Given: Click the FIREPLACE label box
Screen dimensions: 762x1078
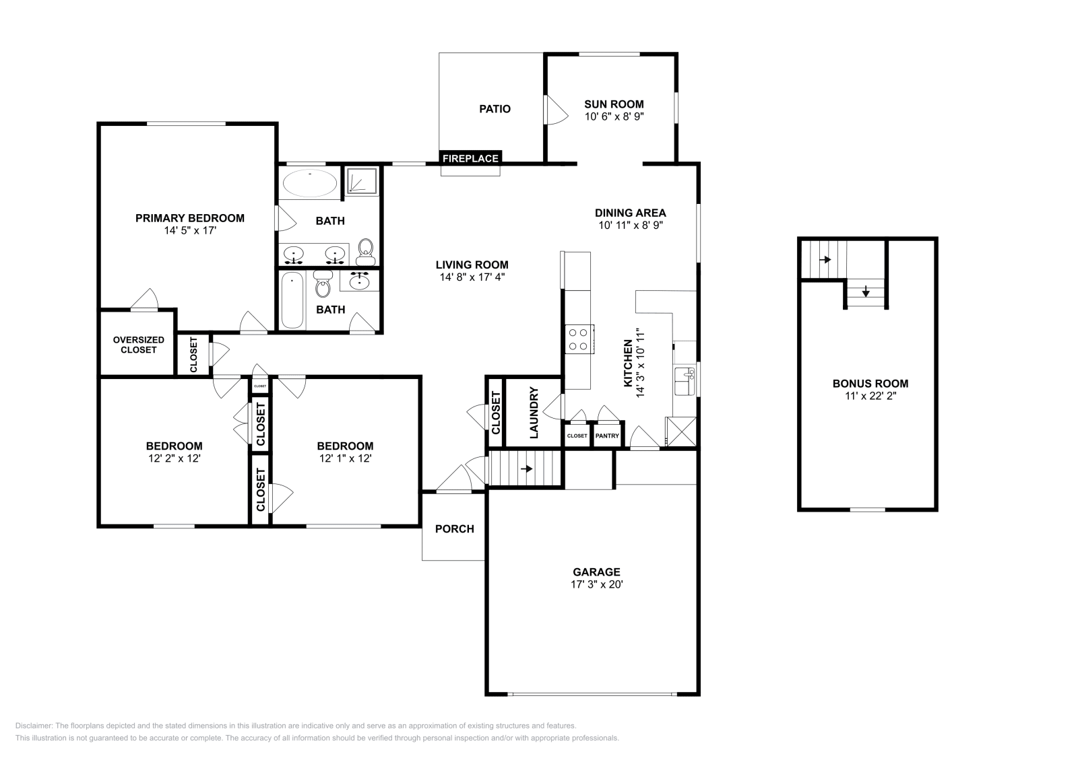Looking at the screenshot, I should tap(470, 158).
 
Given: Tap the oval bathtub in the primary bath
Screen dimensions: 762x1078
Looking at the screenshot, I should tap(310, 182).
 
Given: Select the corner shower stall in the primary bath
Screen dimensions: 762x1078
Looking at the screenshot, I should tap(362, 180).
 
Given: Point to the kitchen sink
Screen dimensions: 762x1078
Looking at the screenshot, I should tap(685, 381).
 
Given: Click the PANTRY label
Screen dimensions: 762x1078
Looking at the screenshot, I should tap(607, 436).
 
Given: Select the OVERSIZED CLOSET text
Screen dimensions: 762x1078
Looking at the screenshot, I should tap(138, 345).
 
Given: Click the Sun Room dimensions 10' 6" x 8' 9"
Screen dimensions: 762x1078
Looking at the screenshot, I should tap(614, 116).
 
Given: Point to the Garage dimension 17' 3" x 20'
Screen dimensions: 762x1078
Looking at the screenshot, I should tap(596, 584).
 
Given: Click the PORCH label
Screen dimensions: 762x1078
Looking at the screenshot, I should tap(454, 528).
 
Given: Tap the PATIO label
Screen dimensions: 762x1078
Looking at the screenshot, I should tap(495, 108).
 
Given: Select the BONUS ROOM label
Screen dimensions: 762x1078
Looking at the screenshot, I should tap(870, 384).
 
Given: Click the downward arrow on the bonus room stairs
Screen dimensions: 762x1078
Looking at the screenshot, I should tap(866, 292).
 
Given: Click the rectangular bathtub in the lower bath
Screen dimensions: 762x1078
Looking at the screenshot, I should tap(292, 300).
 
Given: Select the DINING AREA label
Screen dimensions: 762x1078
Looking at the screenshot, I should tap(630, 213).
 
